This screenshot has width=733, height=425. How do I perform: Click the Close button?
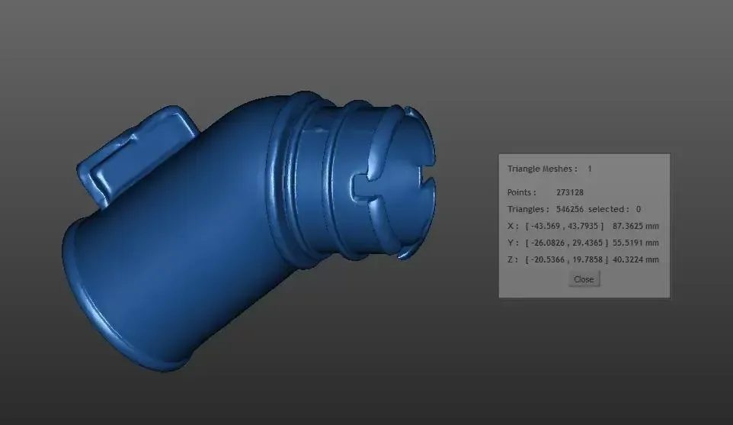coord(584,279)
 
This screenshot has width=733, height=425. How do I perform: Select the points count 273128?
coord(570,192)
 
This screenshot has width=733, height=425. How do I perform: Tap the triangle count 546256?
coord(570,209)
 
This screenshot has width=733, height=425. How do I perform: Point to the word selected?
coord(607,209)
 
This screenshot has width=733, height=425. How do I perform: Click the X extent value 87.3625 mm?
coord(635,226)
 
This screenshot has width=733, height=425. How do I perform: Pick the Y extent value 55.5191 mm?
coord(635,243)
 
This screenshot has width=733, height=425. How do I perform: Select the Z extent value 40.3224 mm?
coord(635,259)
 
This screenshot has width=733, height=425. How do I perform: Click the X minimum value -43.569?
coord(546,226)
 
